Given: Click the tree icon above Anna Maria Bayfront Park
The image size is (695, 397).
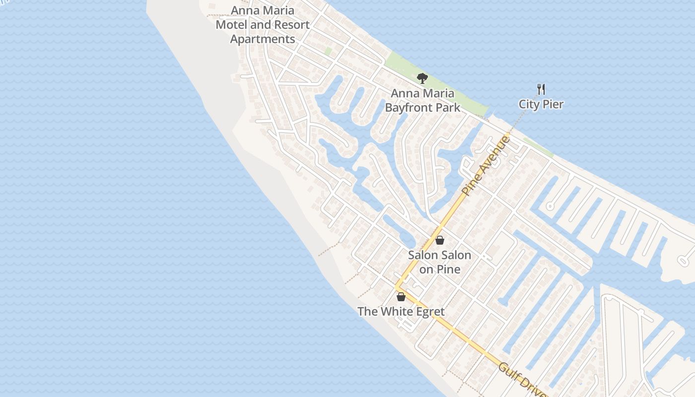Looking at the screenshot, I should pos(422,78).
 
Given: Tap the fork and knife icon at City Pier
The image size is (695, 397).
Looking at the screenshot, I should pos(541,90).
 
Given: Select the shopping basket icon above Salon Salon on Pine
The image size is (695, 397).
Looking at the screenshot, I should pos(439,241).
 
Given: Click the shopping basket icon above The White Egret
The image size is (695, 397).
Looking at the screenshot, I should pos(401,297).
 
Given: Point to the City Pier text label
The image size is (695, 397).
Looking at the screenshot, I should pos(541,104).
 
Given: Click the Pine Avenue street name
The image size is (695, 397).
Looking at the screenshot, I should pos(485,165).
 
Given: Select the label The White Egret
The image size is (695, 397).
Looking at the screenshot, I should pos(401,312).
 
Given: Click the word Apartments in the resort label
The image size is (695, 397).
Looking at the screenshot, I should pos(263,39).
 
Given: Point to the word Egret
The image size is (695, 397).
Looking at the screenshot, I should pos(428,312).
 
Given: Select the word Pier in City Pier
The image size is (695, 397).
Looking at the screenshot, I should pos(554,104).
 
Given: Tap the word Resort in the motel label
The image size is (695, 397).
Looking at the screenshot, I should pos(292,25).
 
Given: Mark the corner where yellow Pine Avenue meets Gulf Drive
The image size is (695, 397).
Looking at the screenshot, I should pos(397,287).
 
